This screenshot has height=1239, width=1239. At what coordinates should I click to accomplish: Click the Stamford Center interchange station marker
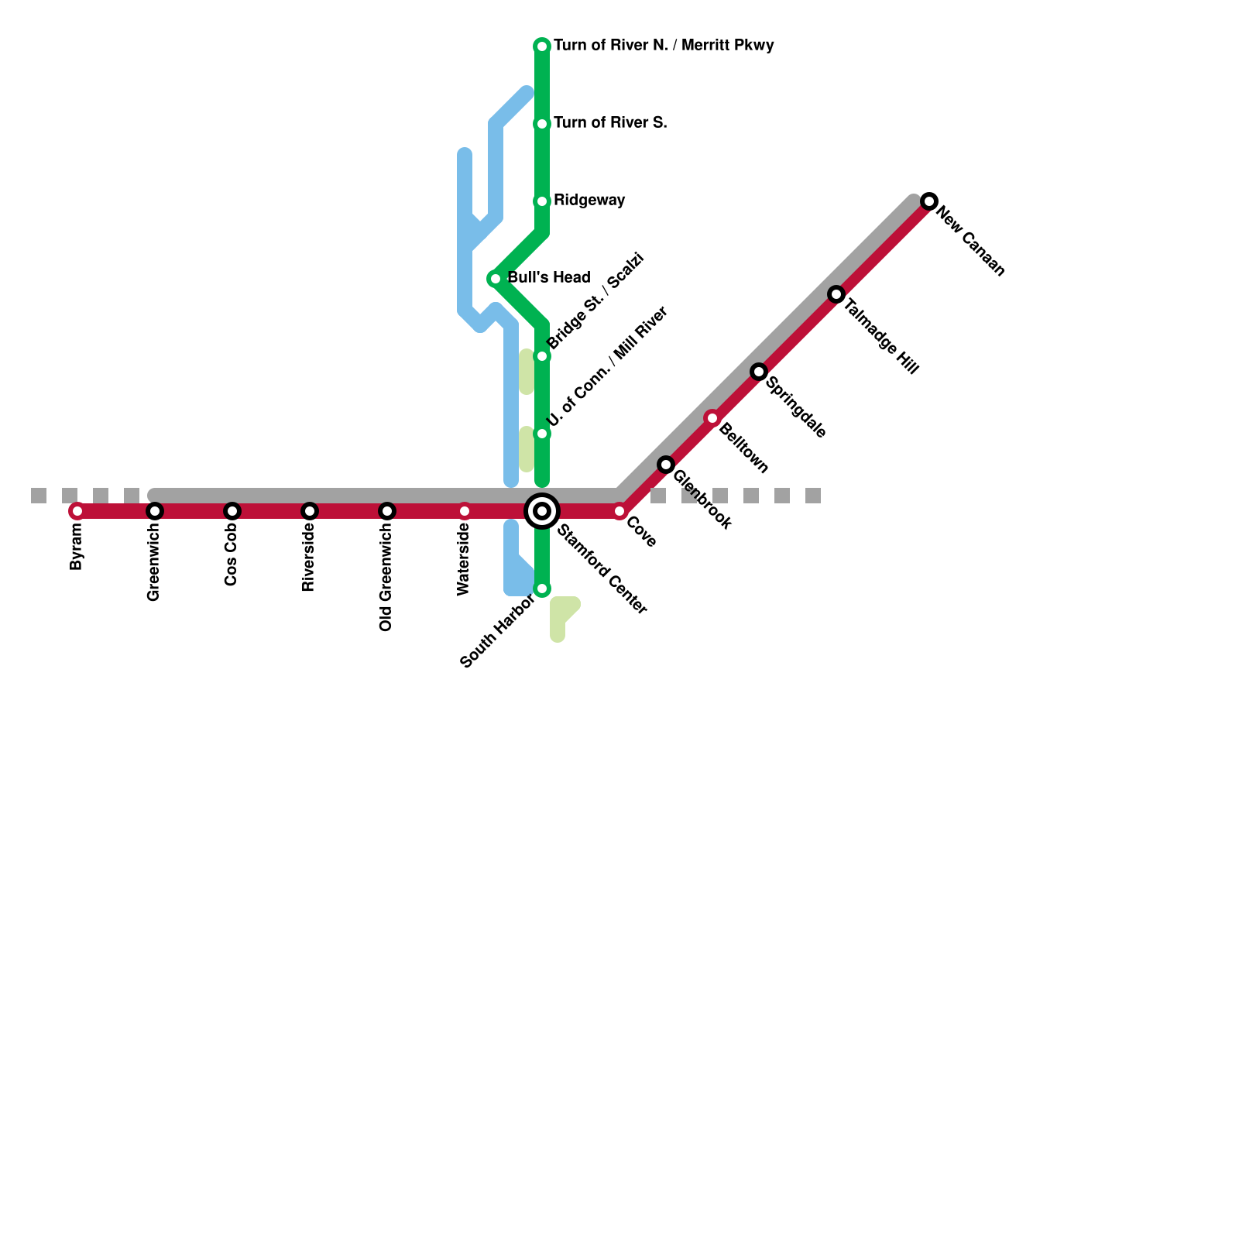(542, 511)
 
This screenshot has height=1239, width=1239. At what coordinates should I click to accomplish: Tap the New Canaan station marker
(929, 201)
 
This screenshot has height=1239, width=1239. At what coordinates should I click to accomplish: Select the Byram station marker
(77, 511)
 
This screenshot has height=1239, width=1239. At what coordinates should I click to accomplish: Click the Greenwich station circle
(155, 511)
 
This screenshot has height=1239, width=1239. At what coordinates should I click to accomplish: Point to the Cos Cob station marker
(232, 511)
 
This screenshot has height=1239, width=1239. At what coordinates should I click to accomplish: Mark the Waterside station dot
(465, 511)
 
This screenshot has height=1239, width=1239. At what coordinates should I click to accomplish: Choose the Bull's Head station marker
(496, 279)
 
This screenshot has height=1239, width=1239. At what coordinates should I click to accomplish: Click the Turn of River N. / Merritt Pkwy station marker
(542, 46)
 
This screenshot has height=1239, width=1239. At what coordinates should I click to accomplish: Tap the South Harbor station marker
(542, 589)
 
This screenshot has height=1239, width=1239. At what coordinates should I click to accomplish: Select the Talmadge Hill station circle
(836, 294)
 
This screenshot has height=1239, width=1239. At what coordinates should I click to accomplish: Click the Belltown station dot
(712, 418)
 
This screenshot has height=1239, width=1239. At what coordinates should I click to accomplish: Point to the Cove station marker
(619, 511)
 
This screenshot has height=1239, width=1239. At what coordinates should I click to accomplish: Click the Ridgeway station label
(589, 201)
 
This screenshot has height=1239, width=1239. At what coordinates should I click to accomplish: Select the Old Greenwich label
(386, 578)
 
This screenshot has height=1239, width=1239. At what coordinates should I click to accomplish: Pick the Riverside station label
(309, 558)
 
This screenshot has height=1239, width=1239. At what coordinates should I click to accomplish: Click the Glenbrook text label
(702, 500)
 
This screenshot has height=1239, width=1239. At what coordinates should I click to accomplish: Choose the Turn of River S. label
(610, 123)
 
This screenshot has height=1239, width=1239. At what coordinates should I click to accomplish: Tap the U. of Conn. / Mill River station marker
(542, 434)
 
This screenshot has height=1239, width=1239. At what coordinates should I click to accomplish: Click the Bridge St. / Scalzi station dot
(542, 356)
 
